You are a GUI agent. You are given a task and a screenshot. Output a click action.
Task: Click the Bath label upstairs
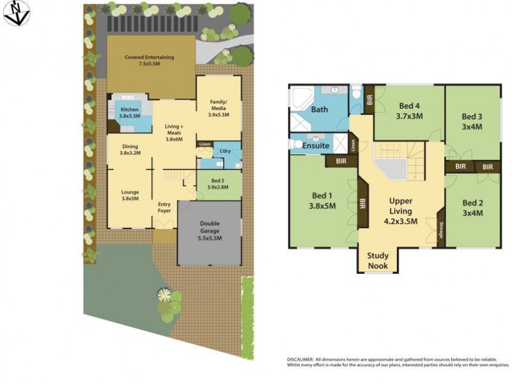coord(319,109)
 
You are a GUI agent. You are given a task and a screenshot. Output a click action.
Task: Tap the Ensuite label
coord(316,146)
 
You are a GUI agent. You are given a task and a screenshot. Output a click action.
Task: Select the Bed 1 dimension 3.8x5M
coord(323,207)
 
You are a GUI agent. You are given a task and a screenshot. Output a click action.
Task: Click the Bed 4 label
coord(410,106)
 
